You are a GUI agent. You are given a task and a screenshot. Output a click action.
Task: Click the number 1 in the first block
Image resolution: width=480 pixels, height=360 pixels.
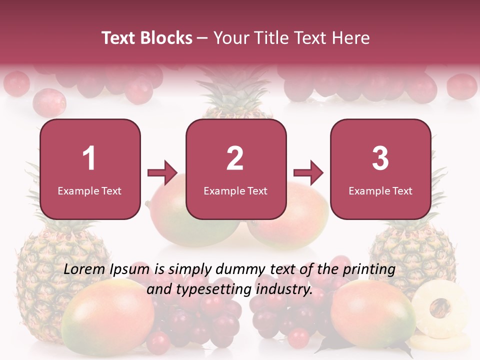[x=89, y=158]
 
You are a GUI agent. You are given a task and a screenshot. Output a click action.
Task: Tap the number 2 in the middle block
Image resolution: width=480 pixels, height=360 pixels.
[x=235, y=158]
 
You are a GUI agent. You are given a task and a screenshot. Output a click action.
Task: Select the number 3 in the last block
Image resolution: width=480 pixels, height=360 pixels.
[x=380, y=158]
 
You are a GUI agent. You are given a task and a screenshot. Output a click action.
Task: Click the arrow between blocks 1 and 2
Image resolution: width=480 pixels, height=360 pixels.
[x=162, y=173]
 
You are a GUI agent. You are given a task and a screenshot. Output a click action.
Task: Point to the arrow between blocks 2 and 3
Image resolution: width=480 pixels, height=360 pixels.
[x=308, y=173]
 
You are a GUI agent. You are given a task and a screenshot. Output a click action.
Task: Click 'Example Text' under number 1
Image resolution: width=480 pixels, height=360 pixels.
[x=89, y=191]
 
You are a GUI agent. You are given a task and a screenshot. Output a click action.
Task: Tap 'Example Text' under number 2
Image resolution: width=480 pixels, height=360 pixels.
[x=235, y=191]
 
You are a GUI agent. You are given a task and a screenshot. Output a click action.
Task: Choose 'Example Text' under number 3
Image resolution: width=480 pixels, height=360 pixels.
[x=380, y=191]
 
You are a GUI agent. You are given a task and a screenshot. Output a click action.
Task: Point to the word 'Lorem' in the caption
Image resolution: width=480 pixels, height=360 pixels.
[x=83, y=269]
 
